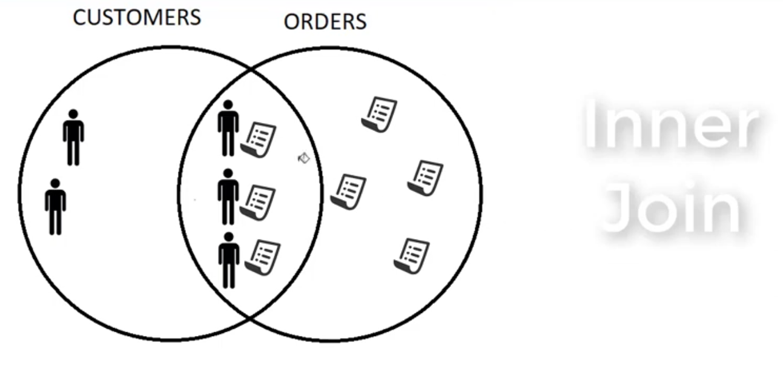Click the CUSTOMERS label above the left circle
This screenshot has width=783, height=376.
[x=137, y=18]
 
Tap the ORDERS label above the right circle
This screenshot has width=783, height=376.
[x=325, y=22]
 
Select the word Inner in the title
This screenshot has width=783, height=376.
[x=672, y=124]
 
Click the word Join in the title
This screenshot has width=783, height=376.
[x=671, y=208]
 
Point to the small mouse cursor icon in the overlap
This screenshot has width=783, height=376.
[x=304, y=158]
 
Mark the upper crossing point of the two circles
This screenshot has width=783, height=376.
[x=251, y=69]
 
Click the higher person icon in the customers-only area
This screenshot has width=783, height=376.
[x=73, y=138]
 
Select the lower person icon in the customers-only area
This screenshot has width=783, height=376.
[x=55, y=207]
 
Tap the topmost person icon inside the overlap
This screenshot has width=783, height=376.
[x=228, y=128]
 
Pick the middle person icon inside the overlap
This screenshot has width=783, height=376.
[x=228, y=196]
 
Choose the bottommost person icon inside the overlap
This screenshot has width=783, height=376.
[x=229, y=260]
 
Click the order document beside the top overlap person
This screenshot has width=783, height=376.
[x=259, y=139]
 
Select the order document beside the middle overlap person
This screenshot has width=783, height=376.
[x=257, y=203]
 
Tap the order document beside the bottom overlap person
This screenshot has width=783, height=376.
[x=263, y=258]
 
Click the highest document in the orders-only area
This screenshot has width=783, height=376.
[x=379, y=115]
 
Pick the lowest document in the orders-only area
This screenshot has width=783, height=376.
[x=412, y=257]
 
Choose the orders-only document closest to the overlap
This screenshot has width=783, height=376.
[x=349, y=192]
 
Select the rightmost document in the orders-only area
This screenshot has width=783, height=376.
[x=425, y=178]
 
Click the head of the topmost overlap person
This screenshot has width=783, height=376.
[x=228, y=105]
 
